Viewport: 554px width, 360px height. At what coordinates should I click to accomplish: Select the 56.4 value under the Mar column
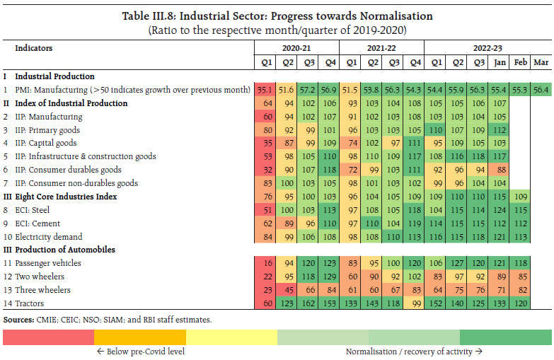click(x=541, y=90)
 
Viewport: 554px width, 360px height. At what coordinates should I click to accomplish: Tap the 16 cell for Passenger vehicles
click(x=267, y=263)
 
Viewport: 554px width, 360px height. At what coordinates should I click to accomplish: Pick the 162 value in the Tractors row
click(x=308, y=303)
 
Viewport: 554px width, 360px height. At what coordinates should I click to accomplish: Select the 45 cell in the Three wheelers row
click(x=289, y=289)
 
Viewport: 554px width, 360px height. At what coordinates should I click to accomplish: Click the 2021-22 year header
click(x=381, y=48)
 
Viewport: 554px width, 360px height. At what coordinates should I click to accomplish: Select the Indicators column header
click(x=34, y=49)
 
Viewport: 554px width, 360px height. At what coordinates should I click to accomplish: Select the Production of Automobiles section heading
click(x=62, y=250)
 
